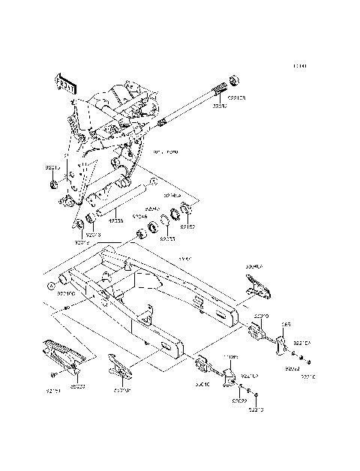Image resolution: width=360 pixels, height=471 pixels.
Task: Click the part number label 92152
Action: (187, 226)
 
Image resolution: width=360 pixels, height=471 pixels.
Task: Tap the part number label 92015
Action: (51, 169)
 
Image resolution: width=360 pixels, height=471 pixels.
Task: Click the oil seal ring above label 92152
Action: (187, 208)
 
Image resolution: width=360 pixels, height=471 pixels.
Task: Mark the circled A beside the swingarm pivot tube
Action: (52, 285)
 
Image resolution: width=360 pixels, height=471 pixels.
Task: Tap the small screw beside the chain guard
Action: (52, 373)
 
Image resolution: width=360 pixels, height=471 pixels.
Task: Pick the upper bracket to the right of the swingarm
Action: (256, 286)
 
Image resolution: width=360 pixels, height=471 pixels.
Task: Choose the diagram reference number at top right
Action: (300, 67)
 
